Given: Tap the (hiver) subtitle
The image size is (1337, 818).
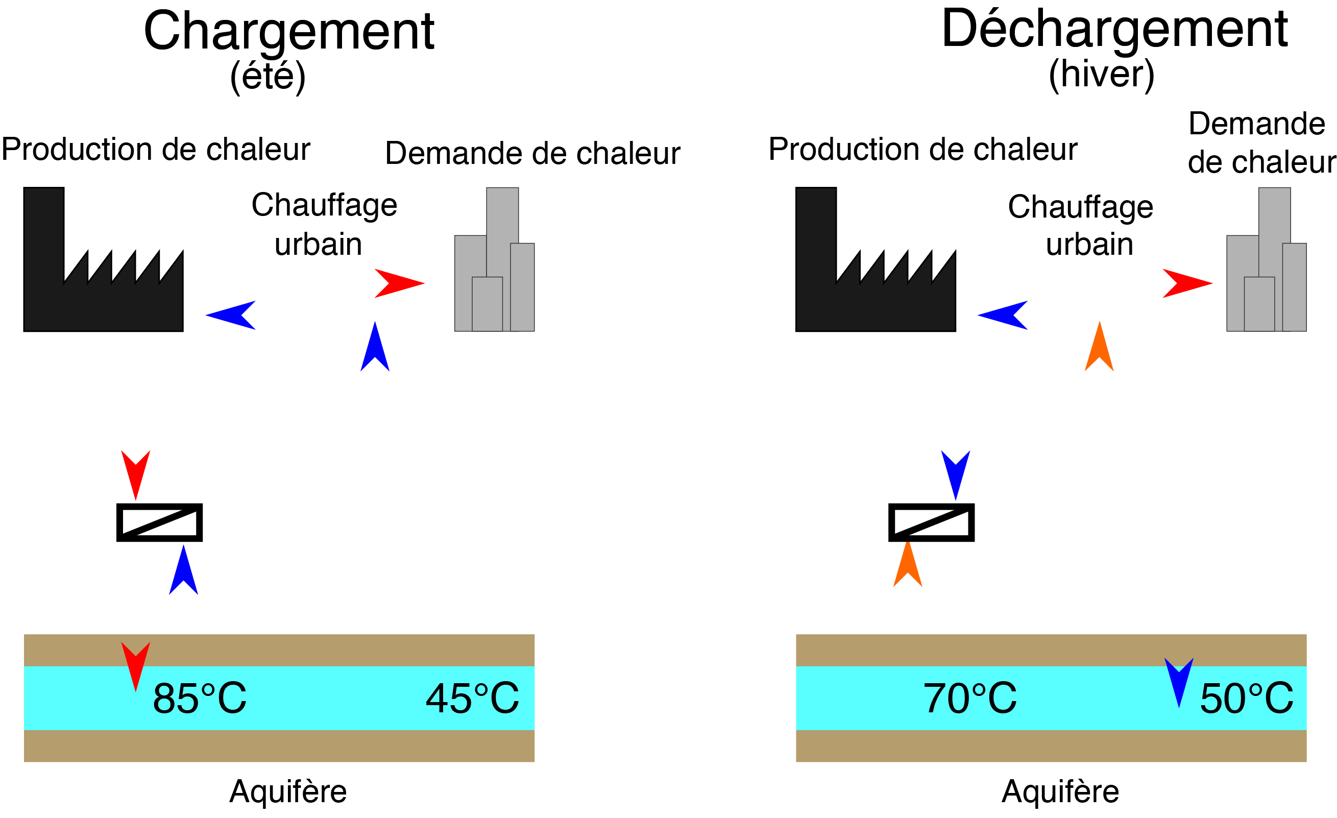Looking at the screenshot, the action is (1101, 75).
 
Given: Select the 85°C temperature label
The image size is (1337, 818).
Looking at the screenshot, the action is (200, 698).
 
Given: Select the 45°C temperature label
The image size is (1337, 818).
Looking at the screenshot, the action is (472, 698).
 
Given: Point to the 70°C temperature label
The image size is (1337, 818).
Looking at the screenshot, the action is (970, 698).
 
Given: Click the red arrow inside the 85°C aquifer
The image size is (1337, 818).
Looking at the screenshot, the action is (136, 666).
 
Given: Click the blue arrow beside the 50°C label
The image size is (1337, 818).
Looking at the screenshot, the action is (1179, 683).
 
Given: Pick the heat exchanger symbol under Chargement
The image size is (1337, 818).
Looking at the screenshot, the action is (159, 523).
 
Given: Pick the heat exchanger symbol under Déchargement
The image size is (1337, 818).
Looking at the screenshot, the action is (931, 523).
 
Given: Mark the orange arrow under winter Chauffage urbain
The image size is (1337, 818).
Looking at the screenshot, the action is (1099, 346).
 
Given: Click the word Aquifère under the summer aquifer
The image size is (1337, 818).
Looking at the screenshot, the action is (288, 791).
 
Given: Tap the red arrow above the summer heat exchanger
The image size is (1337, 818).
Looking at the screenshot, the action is (136, 475).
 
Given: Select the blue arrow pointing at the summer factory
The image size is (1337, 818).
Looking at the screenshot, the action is (231, 315).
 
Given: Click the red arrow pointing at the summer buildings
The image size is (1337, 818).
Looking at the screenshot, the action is (399, 283).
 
